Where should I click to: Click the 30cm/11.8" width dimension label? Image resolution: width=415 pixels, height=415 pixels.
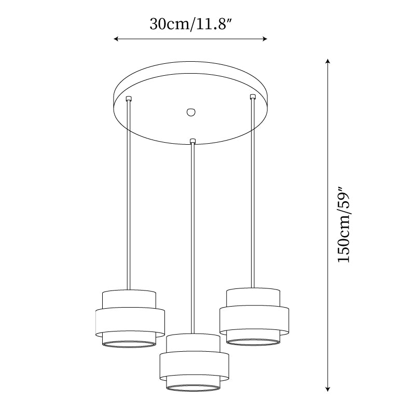[x=190, y=24]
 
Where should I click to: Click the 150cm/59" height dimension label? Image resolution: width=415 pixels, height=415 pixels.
[x=344, y=225]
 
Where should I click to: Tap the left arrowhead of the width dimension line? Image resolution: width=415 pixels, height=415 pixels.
[x=117, y=39]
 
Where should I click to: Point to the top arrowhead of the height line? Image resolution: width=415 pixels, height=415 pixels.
[x=327, y=62]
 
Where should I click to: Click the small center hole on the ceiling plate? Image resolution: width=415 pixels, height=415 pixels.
[x=190, y=112]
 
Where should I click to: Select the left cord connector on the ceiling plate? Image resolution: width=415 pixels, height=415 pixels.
[x=129, y=99]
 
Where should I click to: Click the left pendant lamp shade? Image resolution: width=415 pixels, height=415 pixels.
[x=130, y=318]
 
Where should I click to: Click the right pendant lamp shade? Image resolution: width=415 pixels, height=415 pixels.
[x=253, y=316]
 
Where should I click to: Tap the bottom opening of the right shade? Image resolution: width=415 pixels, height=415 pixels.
[x=253, y=341]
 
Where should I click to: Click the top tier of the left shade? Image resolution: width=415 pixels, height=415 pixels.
[x=129, y=299]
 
